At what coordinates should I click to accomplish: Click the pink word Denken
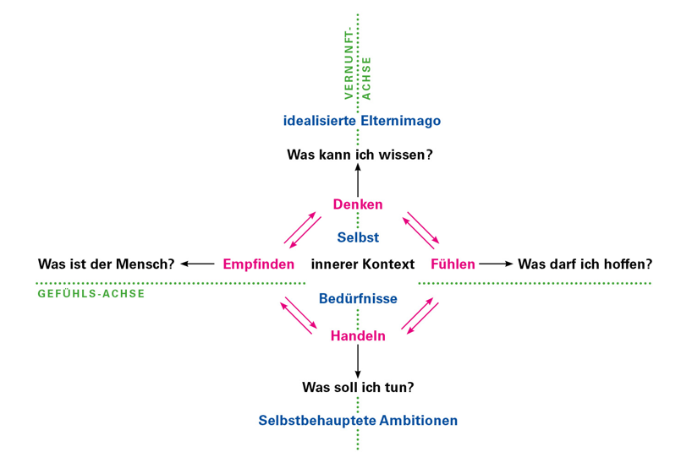(x=358, y=204)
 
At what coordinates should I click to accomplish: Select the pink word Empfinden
(x=258, y=264)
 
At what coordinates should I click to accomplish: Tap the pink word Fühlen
(x=453, y=264)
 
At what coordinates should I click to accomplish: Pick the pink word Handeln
(x=358, y=336)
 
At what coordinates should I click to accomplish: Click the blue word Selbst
(x=358, y=237)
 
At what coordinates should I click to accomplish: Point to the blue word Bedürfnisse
(x=358, y=298)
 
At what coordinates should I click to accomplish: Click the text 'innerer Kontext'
(x=363, y=264)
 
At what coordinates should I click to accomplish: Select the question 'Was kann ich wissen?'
(x=360, y=155)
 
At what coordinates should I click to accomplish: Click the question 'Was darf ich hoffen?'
(x=585, y=264)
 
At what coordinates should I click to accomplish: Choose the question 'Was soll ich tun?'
(x=358, y=388)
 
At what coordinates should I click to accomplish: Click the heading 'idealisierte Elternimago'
(x=361, y=121)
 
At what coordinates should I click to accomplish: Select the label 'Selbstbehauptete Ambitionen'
(x=358, y=420)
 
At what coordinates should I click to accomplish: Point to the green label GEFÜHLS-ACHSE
(x=91, y=294)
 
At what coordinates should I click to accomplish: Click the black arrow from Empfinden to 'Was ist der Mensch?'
(x=198, y=264)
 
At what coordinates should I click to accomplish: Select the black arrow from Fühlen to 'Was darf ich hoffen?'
(x=496, y=264)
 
